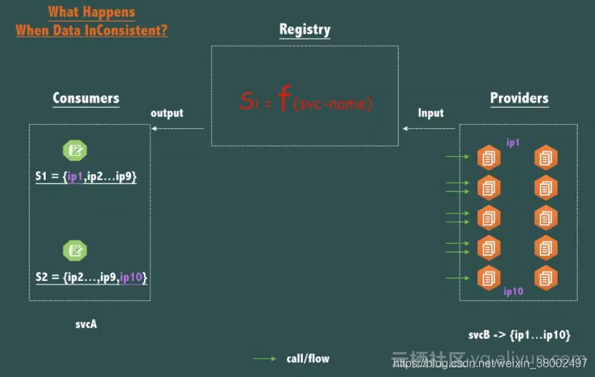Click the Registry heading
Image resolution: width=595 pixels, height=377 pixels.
(x=304, y=30)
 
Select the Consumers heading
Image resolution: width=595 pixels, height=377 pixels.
(x=86, y=99)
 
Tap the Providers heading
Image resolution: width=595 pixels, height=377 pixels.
(x=519, y=99)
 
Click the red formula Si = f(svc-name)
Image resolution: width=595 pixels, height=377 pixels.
(x=306, y=101)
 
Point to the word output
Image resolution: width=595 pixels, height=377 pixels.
(x=167, y=113)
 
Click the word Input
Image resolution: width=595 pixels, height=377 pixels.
(x=430, y=113)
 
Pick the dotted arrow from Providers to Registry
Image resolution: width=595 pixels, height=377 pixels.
(x=430, y=128)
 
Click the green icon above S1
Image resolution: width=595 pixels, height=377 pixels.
(x=74, y=151)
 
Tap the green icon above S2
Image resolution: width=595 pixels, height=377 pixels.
(x=74, y=250)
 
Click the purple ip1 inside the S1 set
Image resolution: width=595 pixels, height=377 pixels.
(x=76, y=176)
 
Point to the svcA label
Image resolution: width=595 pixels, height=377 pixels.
(x=86, y=325)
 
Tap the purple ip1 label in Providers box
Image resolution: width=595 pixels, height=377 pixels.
(x=513, y=143)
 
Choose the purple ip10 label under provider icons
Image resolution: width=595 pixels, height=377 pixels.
(x=513, y=292)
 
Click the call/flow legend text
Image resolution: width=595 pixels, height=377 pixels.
(x=308, y=358)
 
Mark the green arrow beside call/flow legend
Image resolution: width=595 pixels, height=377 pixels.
(x=264, y=358)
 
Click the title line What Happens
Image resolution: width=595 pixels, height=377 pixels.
(x=91, y=12)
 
